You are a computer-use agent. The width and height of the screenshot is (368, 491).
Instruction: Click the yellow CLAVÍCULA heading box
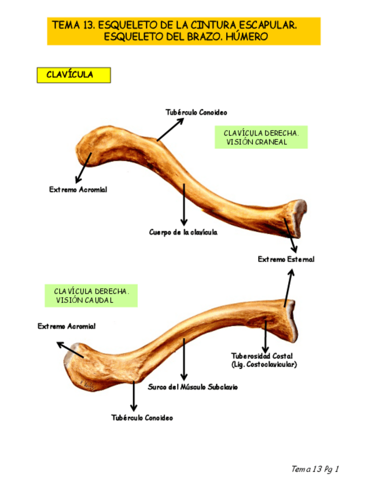point(73,75)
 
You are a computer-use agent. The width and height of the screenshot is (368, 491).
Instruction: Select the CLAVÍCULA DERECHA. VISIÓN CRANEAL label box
point(261,137)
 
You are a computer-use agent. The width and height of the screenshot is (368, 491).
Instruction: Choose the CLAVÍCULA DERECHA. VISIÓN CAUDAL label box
point(91,295)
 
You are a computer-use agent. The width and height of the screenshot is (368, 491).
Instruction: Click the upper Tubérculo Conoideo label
point(196,112)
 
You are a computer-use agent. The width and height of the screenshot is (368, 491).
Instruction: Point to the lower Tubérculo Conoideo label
point(142,417)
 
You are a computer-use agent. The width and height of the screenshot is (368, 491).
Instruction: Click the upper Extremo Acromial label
point(78,189)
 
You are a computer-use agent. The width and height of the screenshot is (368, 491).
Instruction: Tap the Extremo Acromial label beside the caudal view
point(67,327)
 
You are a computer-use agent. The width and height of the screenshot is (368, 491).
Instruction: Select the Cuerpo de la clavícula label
point(183,232)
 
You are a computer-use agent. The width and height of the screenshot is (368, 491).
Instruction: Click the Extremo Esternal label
point(286,259)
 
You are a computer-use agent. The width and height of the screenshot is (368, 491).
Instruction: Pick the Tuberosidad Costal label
point(262,356)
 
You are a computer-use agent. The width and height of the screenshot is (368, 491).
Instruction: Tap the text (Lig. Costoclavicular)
point(264,364)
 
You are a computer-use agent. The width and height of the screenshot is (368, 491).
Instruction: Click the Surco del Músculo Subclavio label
point(192,387)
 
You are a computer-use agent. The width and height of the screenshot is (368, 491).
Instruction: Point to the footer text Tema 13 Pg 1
point(315,468)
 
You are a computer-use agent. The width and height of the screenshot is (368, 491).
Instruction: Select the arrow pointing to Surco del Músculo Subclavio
point(184,359)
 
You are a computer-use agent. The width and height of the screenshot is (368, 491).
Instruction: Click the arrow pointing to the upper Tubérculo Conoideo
point(170,129)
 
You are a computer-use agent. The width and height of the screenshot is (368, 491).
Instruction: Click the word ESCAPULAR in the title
point(269,25)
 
